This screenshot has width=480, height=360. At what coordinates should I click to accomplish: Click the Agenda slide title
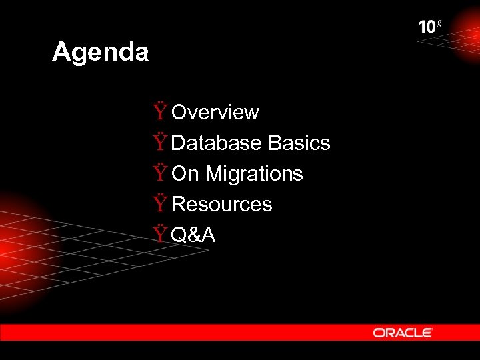point(100,52)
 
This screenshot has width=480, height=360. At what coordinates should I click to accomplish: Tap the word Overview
point(215,113)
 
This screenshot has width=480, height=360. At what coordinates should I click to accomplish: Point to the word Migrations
point(254,174)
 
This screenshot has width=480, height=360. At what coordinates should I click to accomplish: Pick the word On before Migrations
point(185,174)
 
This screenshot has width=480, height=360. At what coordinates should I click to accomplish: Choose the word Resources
point(222,204)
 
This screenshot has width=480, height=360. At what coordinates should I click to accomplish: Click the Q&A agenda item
point(193,235)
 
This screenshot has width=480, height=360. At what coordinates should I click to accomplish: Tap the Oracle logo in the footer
point(403,332)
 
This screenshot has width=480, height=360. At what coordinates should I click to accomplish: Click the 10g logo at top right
point(429,27)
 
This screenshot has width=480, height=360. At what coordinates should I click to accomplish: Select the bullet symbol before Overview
point(160,111)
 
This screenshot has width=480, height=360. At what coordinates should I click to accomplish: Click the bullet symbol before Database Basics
point(160,142)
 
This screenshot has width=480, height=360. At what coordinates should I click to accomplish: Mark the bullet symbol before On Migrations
point(160,173)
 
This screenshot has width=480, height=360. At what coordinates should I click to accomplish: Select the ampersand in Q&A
point(193,235)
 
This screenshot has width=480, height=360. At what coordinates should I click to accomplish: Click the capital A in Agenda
point(61,52)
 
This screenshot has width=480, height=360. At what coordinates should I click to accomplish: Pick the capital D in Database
point(180,143)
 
